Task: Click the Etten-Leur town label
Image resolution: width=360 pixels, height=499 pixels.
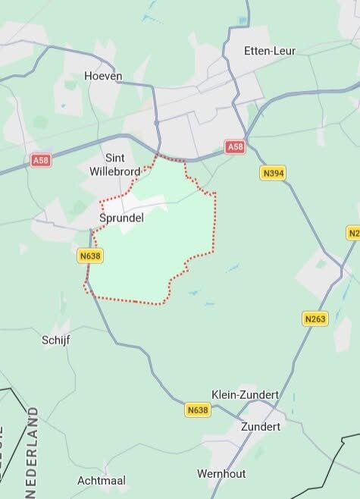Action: tap(270, 51)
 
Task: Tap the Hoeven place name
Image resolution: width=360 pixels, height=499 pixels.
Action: tap(103, 76)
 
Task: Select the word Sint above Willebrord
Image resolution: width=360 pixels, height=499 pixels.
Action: tap(114, 158)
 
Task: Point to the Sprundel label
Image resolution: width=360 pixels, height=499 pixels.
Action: tap(121, 217)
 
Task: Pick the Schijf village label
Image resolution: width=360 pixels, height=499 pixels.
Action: tap(55, 341)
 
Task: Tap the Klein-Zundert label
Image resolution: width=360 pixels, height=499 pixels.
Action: tap(245, 395)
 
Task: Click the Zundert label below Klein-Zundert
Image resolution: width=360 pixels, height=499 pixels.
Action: tap(260, 426)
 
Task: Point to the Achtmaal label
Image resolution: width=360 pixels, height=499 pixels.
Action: tap(101, 481)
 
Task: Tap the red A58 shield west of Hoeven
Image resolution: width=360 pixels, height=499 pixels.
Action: tap(42, 161)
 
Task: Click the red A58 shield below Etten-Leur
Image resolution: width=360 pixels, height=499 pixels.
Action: tap(235, 147)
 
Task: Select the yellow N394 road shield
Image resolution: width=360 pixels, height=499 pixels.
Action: tap(273, 174)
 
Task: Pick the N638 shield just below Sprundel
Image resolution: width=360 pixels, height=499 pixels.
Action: tap(89, 256)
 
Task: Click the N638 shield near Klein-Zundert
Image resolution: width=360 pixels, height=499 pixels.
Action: tap(197, 410)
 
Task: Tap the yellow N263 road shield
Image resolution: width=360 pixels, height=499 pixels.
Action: tap(315, 319)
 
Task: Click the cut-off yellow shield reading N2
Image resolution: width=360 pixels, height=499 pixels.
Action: tap(353, 233)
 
